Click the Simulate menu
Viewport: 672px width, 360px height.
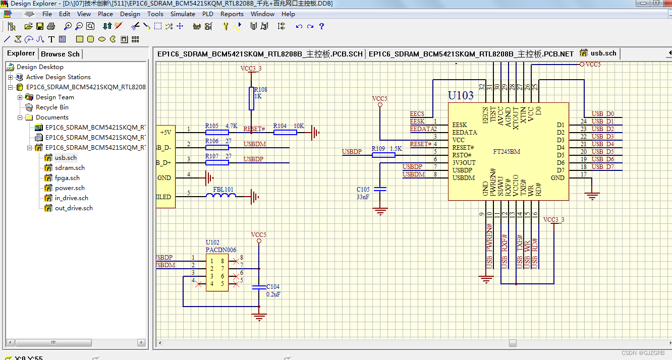pyautogui.click(x=183, y=14)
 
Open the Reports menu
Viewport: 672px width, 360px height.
pyautogui.click(x=232, y=14)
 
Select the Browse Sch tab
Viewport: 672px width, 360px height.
pyautogui.click(x=60, y=54)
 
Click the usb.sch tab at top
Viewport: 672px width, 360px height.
pyautogui.click(x=603, y=53)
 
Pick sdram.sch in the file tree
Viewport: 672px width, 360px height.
pyautogui.click(x=70, y=168)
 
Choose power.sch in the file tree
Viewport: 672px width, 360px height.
pyautogui.click(x=70, y=188)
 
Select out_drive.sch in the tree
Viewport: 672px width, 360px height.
pyautogui.click(x=74, y=208)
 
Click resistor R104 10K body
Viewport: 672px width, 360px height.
pyautogui.click(x=285, y=132)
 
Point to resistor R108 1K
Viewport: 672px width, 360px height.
pyautogui.click(x=251, y=98)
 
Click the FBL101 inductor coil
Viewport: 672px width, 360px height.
pyautogui.click(x=221, y=196)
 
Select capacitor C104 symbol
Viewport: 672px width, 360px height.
pyautogui.click(x=259, y=287)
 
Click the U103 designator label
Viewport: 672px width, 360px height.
pyautogui.click(x=461, y=96)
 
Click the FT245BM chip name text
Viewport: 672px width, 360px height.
pyautogui.click(x=507, y=151)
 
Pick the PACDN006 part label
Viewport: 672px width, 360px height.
pyautogui.click(x=220, y=250)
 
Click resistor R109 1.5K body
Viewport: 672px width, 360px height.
pyautogui.click(x=383, y=155)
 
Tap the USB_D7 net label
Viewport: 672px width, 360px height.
pyautogui.click(x=602, y=167)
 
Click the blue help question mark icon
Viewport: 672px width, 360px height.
pyautogui.click(x=322, y=26)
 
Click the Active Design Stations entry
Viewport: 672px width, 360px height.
pyautogui.click(x=58, y=77)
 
